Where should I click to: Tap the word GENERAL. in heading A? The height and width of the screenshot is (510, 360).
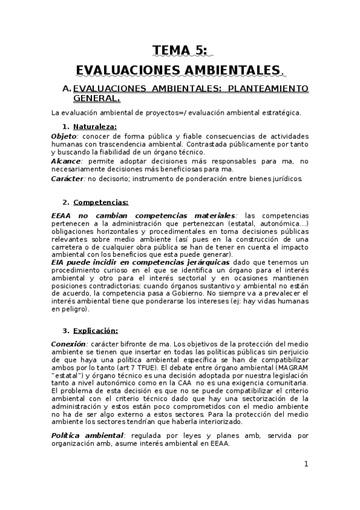pos(96,98)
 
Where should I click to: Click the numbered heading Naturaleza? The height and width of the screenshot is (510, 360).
pos(95,126)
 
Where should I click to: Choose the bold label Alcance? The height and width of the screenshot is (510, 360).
pos(66,161)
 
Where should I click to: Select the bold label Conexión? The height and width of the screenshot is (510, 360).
pos(68,343)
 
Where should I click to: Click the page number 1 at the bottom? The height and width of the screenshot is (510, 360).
pos(306,464)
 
